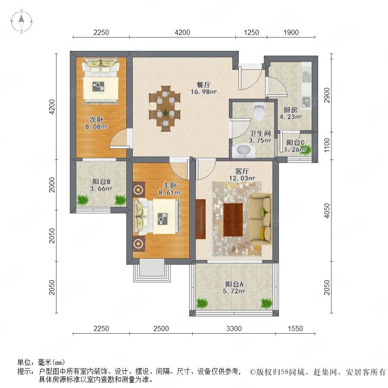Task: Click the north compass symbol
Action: pyautogui.click(x=22, y=22)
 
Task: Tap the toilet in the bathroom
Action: pyautogui.click(x=259, y=112)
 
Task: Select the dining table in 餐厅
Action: pyautogui.click(x=165, y=109)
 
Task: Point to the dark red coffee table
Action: pyautogui.click(x=233, y=220)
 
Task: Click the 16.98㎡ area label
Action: pyautogui.click(x=203, y=92)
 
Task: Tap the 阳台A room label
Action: pyautogui.click(x=234, y=284)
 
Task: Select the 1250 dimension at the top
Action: pyautogui.click(x=251, y=32)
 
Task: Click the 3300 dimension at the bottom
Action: pyautogui.click(x=234, y=329)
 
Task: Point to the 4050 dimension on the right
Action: pyautogui.click(x=327, y=210)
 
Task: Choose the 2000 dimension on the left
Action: pyautogui.click(x=52, y=185)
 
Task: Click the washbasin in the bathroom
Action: pyautogui.click(x=244, y=150)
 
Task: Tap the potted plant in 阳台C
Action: pyautogui.click(x=305, y=150)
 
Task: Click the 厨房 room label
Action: pyautogui.click(x=290, y=110)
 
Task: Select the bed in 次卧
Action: pyautogui.click(x=100, y=80)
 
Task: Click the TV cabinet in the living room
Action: pyautogui.click(x=200, y=219)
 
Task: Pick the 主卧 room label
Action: pyautogui.click(x=169, y=185)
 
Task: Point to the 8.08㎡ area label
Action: pyautogui.click(x=96, y=127)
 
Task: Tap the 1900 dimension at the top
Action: pyautogui.click(x=291, y=32)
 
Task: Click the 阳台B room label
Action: pyautogui.click(x=101, y=181)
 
